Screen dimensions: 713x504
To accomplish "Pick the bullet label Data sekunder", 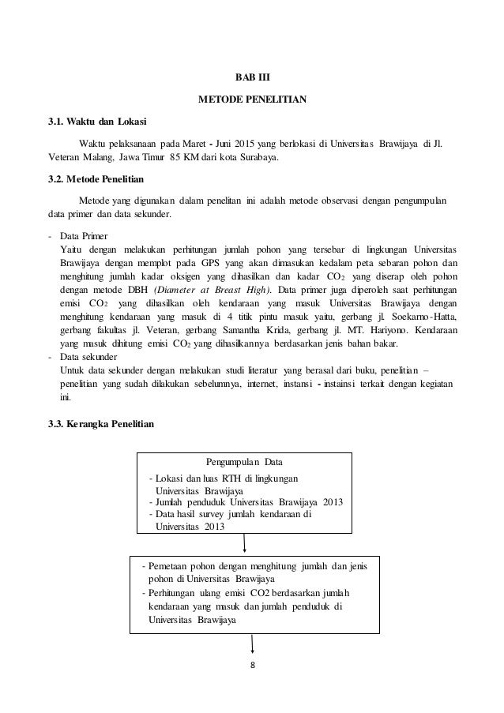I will coord(89,357).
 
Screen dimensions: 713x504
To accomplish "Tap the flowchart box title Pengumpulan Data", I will coord(244,462).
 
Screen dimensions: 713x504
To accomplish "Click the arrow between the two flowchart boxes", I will coord(245,542).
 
